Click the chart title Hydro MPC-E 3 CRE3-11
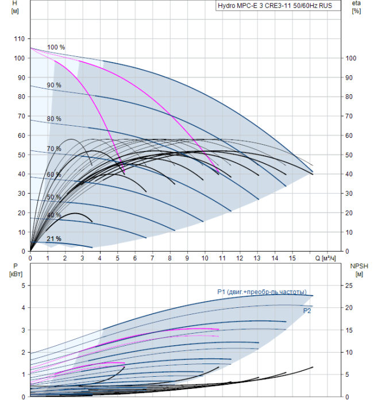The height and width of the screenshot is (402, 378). click(x=275, y=6)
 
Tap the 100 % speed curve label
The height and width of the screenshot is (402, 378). click(x=56, y=47)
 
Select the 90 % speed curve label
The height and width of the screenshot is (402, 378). click(x=54, y=85)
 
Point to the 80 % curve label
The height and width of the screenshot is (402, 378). click(x=54, y=119)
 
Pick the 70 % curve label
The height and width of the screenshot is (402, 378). click(x=54, y=149)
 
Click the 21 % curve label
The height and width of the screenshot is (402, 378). click(x=54, y=239)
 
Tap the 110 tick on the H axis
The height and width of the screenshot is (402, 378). click(x=19, y=38)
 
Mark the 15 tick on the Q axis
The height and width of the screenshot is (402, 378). click(x=292, y=258)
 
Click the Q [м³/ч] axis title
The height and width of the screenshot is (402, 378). click(x=325, y=258)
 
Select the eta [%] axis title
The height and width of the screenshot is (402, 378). click(x=357, y=7)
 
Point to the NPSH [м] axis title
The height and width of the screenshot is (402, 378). click(x=359, y=270)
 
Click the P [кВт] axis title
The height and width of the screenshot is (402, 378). click(x=16, y=270)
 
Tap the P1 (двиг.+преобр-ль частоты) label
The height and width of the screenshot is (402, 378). click(x=262, y=292)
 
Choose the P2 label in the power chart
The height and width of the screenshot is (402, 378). click(x=307, y=311)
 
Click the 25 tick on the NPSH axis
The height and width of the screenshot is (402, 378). click(x=349, y=285)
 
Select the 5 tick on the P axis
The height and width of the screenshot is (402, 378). click(x=24, y=285)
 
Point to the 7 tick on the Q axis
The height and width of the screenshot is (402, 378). click(x=152, y=258)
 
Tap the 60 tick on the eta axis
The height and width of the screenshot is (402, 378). click(x=349, y=136)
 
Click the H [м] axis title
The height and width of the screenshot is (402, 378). click(x=15, y=7)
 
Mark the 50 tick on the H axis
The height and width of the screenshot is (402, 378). click(x=21, y=155)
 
